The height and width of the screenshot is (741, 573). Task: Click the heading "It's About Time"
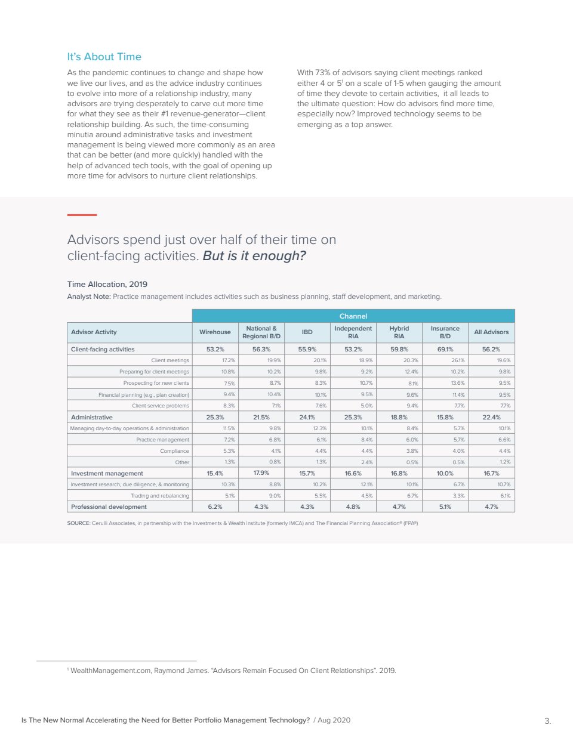point(104,57)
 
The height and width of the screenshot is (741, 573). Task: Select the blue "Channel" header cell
point(353,316)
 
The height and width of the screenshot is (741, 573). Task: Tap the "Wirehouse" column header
point(215,332)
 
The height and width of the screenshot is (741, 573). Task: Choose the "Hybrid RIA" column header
point(399,332)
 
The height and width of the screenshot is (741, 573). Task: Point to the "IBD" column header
point(307,332)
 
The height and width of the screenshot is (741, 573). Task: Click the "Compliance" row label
point(174,451)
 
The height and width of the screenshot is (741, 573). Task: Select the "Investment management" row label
point(107,473)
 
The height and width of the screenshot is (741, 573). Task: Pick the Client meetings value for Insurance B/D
point(458,360)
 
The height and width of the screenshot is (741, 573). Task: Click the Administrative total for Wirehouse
point(215,417)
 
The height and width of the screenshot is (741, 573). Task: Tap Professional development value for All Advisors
point(491,507)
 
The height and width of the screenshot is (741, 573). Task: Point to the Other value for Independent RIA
point(366,462)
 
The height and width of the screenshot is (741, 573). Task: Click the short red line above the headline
point(82,215)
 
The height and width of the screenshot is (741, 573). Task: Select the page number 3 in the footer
point(547,721)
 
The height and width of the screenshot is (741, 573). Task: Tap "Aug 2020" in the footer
point(334,720)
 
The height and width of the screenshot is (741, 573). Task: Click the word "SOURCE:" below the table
point(78,523)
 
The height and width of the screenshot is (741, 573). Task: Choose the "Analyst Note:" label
point(88,297)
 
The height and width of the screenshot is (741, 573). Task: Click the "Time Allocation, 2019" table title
point(107,284)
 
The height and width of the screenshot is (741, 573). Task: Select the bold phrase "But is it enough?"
point(254,256)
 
